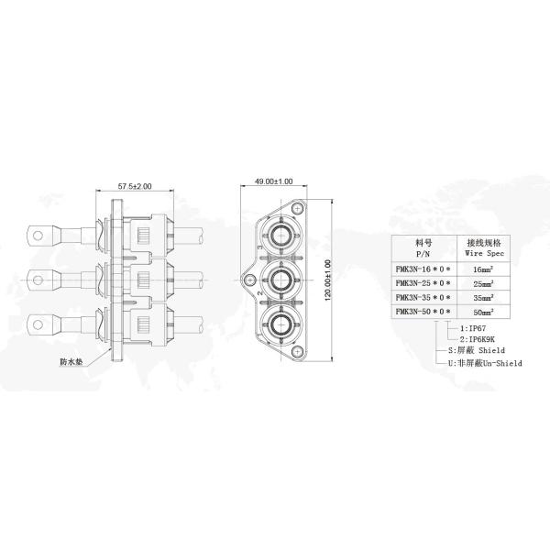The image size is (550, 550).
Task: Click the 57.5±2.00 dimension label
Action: [135, 186]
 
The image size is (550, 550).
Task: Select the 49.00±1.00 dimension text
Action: [273, 181]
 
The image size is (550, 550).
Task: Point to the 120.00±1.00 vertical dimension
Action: [328, 280]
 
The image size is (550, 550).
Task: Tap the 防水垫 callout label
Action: [71, 362]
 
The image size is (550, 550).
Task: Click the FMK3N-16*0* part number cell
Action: [423, 269]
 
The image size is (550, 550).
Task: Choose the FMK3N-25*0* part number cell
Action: [423, 283]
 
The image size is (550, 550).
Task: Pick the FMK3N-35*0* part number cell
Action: [423, 297]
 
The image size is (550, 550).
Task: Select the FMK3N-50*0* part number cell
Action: [423, 312]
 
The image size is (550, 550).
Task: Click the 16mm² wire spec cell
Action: [483, 269]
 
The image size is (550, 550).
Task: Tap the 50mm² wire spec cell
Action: [483, 312]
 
